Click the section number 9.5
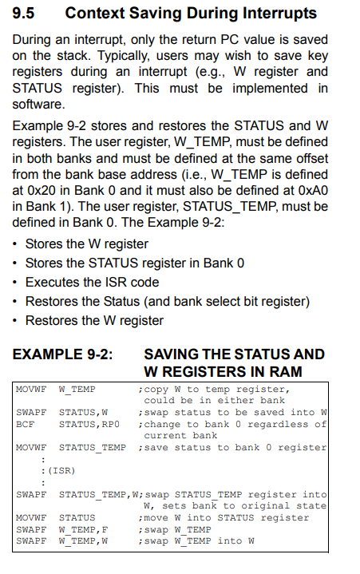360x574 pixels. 23,14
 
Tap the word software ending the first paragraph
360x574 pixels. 38,105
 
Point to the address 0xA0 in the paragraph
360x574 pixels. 313,190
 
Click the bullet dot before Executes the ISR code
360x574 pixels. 14,283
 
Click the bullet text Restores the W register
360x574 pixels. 94,321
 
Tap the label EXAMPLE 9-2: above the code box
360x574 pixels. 62,354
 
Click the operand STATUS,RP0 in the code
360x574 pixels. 89,424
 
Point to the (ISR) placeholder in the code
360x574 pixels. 61,471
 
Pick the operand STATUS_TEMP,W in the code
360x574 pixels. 98,495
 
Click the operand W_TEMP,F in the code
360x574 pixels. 83,530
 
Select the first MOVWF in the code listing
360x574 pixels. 31,390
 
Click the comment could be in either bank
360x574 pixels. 215,401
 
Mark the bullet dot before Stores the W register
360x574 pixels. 14,244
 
